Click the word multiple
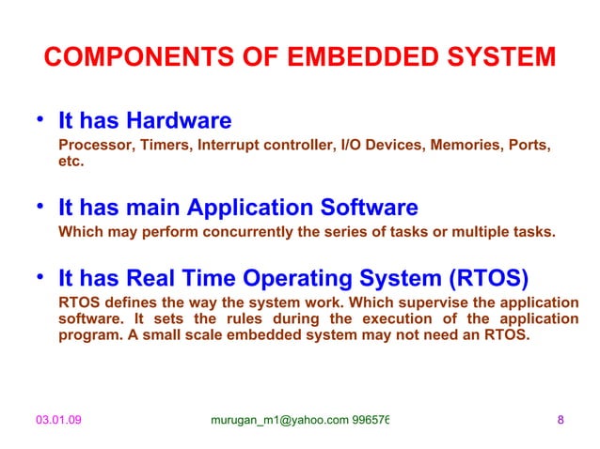(492, 232)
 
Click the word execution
(410, 319)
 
